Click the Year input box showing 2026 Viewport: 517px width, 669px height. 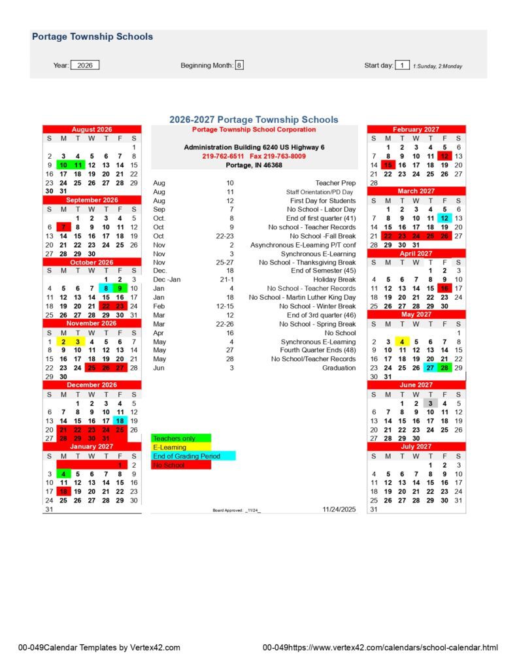85,65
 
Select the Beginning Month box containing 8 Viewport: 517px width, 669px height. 239,65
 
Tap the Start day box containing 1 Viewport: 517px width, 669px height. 403,65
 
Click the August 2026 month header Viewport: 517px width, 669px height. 92,129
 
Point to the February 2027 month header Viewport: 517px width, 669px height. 416,129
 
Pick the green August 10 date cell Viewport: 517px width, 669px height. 63,165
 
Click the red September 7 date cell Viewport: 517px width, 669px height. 63,227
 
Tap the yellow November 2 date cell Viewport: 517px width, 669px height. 63,341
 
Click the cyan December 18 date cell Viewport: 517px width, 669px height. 120,421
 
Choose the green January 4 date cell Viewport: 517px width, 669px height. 63,474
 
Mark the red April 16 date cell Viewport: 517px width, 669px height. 444,288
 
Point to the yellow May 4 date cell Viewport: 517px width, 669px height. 402,341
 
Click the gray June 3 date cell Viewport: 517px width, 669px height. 430,403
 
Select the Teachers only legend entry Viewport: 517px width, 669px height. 181,438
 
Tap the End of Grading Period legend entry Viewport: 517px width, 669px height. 193,456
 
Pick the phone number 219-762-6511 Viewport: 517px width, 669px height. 224,156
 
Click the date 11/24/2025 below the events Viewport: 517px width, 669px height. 340,508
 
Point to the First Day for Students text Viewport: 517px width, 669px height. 323,201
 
